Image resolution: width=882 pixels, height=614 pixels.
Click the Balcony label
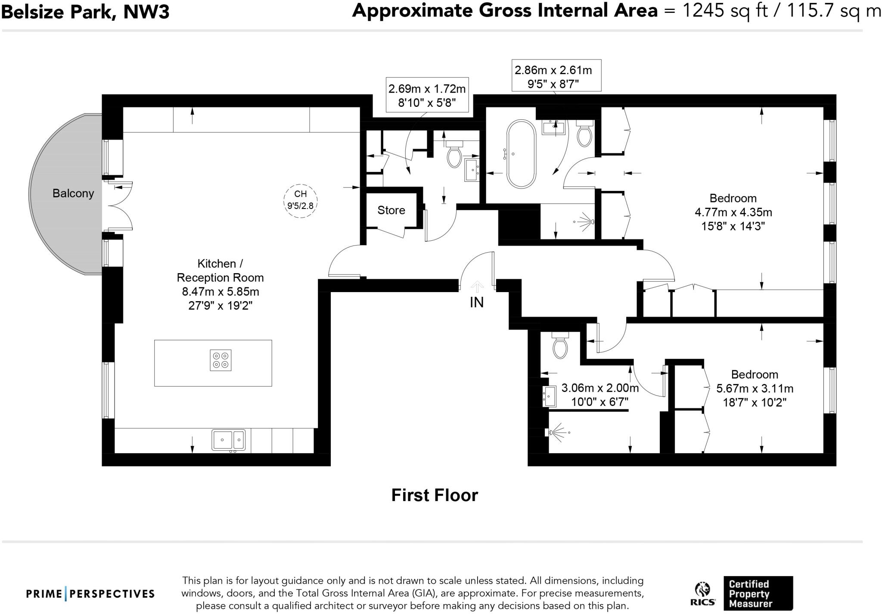tap(73, 193)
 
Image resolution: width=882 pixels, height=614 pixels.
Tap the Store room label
tap(391, 210)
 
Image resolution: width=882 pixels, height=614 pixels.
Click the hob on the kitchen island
tap(221, 360)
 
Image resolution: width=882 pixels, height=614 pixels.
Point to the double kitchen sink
tap(228, 440)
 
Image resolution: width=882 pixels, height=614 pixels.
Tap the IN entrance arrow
tap(477, 287)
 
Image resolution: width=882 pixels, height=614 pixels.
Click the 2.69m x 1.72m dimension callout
tap(427, 96)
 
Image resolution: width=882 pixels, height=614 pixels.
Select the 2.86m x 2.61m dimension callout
tap(556, 76)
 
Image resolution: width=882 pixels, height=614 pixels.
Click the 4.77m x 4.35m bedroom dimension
tap(733, 212)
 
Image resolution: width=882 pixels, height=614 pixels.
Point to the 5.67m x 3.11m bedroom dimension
tap(755, 388)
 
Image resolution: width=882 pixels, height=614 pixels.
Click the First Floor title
tap(435, 496)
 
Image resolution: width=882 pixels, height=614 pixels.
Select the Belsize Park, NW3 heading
tap(85, 12)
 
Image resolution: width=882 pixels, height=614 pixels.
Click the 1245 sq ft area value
tap(726, 10)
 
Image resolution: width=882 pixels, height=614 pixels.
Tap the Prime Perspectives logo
tap(90, 594)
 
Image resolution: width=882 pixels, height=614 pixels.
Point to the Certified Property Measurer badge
tap(758, 593)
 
